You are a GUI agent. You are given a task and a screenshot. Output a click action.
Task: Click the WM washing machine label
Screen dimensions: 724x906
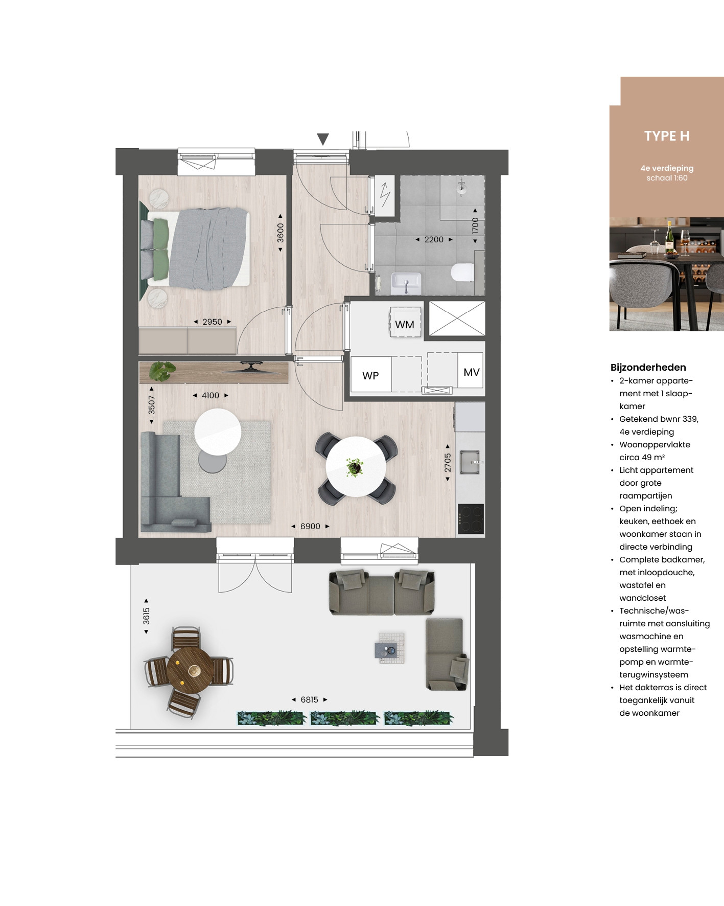coord(405,325)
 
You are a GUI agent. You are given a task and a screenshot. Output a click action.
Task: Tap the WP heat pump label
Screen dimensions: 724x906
coord(370,376)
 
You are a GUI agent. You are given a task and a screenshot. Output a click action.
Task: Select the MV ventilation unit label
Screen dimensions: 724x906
coord(471,372)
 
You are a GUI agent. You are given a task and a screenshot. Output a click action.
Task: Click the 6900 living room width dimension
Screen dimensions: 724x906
coord(310,526)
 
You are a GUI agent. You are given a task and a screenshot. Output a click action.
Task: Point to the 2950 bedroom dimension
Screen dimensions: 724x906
coord(212,322)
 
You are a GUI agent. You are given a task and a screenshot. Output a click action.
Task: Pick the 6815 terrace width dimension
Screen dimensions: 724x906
coord(309,699)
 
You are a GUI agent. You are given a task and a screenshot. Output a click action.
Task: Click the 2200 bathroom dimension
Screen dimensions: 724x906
coord(434,239)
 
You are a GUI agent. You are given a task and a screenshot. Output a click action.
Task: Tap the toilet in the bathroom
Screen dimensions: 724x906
coord(462,272)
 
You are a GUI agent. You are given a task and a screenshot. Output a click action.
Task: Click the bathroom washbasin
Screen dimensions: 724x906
coord(406,283)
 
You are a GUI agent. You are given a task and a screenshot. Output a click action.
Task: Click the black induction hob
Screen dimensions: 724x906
coord(471,519)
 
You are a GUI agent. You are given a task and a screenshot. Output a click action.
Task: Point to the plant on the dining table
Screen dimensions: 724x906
coord(354,467)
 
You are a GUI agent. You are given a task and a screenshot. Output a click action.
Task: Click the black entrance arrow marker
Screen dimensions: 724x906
coord(322,139)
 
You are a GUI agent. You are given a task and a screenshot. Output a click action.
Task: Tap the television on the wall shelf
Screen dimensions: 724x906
coord(250,367)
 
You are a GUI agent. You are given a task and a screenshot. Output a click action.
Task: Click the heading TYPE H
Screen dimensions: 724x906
coord(667,136)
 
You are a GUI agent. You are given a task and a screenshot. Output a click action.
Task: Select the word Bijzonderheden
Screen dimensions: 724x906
coord(648,367)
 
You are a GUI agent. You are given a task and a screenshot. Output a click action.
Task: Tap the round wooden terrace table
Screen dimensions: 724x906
coord(190,670)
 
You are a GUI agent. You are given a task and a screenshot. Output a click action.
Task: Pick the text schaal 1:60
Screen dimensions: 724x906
coord(667,178)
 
